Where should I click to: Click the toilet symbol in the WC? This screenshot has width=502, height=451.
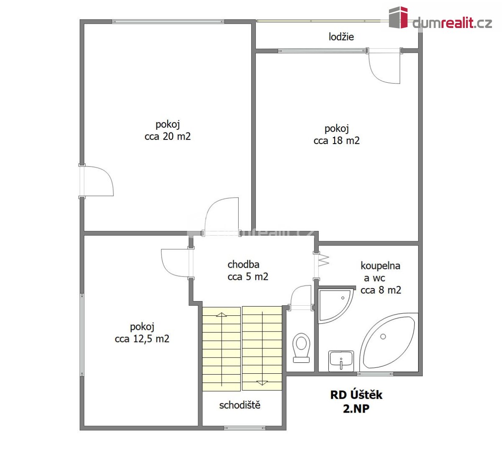pos(301,347)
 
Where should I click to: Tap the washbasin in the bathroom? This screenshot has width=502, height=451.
pos(341,361)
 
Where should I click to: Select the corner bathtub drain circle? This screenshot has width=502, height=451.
pos(383,337)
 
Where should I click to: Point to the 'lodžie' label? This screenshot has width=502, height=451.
pos(341,37)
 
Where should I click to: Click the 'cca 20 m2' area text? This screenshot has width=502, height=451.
pos(167,137)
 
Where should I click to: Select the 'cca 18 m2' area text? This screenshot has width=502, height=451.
pos(336,141)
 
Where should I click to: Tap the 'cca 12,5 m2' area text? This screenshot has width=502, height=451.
pos(142,339)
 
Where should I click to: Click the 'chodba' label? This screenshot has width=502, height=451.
pos(243,265)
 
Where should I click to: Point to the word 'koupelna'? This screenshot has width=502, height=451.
pos(380,266)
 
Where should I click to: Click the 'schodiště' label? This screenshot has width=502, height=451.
pos(240,405)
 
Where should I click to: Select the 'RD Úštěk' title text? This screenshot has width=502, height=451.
pos(356,395)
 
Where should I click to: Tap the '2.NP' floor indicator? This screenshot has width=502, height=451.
pos(356,408)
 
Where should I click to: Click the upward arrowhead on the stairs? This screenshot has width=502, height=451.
pos(221,314)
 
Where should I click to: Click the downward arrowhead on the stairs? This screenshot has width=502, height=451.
pos(262,383)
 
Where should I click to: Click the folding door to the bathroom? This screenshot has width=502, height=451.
pos(323,260)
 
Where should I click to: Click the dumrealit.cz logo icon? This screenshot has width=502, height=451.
pos(398,18)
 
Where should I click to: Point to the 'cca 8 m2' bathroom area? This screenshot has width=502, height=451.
pos(381,290)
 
